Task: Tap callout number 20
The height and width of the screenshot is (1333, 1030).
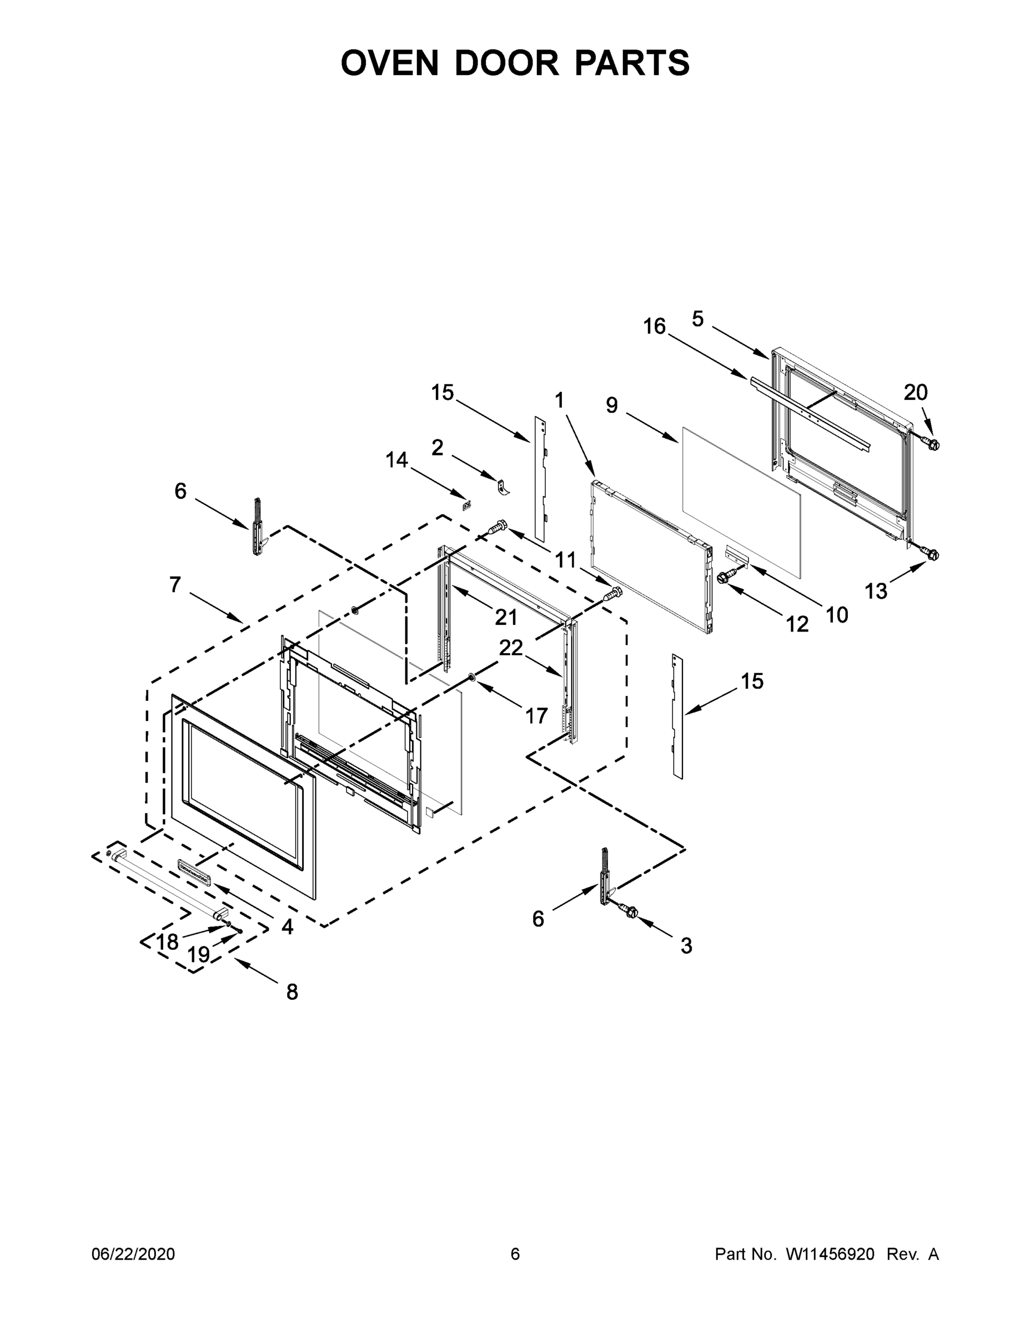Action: coord(915,393)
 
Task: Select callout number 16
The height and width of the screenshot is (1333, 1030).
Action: coord(654,327)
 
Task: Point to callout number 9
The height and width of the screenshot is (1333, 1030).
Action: coord(611,405)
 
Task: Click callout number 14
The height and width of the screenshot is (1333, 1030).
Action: coord(396,459)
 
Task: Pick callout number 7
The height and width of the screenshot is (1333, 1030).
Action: coord(175,585)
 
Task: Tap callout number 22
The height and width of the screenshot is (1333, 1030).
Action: coord(511,648)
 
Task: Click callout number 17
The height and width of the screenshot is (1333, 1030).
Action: coord(536,716)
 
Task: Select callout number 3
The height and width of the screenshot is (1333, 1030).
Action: coord(686,946)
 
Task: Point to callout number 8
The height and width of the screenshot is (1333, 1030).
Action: coord(292,993)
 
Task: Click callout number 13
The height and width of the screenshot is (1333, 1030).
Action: coord(876,591)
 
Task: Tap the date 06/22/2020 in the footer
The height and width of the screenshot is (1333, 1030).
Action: coord(133,1254)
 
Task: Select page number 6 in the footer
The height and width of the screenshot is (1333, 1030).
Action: coord(515,1254)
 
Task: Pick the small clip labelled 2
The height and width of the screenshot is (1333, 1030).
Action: coord(504,488)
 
